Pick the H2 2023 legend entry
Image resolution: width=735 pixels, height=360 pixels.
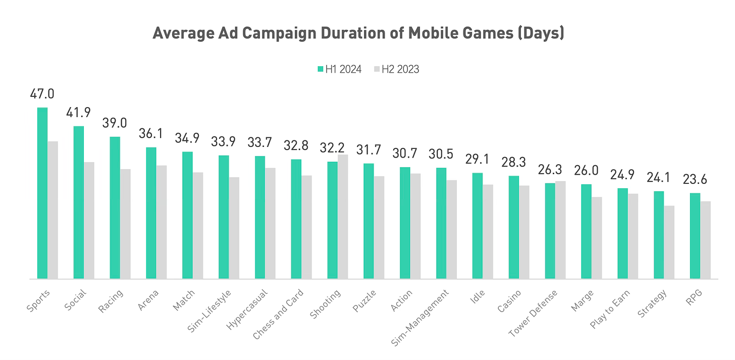click(396, 70)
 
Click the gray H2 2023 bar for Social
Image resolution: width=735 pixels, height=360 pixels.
click(89, 220)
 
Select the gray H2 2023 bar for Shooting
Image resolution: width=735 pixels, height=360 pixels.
click(343, 217)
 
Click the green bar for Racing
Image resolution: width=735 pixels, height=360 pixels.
click(115, 208)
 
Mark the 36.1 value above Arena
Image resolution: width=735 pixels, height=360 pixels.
click(151, 134)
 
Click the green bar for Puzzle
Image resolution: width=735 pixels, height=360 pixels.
click(369, 221)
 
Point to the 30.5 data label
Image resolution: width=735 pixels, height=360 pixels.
click(441, 155)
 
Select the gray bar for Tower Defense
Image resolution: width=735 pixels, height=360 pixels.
click(560, 230)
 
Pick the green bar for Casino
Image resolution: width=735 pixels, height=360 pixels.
click(514, 227)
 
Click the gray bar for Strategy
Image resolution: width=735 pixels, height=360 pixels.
click(669, 242)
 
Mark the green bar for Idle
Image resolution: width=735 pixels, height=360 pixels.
click(478, 226)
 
